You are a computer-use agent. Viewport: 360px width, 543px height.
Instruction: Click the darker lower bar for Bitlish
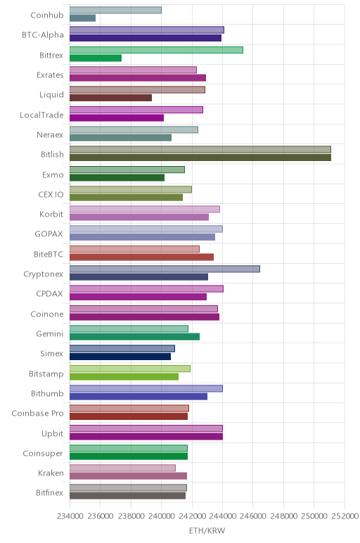200,158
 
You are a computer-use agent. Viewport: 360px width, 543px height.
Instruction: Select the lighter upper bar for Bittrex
156,50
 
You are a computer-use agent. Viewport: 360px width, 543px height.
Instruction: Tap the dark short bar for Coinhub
82,18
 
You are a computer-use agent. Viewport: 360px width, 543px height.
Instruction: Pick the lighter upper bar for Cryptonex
165,269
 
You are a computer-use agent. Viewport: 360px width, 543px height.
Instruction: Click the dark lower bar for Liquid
110,98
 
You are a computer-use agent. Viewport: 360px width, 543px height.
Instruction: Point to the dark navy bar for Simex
120,357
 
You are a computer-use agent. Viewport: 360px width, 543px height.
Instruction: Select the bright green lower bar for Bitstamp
124,377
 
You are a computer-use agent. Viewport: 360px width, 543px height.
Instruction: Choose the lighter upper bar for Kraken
122,468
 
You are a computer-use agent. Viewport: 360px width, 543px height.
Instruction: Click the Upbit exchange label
52,433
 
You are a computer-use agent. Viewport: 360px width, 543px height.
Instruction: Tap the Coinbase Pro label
37,414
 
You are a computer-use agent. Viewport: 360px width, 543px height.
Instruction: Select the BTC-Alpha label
43,35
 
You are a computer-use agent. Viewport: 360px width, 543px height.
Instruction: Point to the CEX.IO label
51,195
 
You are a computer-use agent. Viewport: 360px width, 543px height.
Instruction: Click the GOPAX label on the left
49,234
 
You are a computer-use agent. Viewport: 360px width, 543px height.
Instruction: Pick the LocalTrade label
41,115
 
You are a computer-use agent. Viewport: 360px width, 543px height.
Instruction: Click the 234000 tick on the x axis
70,516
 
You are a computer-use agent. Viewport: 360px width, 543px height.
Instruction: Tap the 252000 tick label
345,516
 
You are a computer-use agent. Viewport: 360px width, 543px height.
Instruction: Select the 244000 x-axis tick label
223,516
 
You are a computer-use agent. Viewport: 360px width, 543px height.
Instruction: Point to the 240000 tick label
161,516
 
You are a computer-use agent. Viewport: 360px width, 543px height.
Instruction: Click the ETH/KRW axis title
207,530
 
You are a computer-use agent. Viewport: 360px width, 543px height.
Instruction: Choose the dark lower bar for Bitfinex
127,496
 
